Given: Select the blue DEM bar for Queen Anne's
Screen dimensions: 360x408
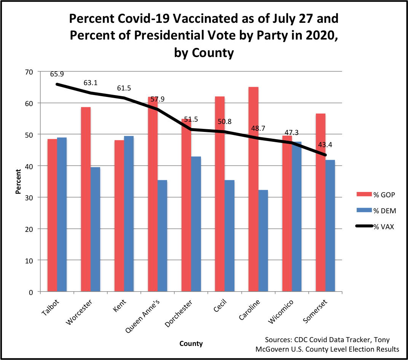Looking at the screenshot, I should tap(163, 236).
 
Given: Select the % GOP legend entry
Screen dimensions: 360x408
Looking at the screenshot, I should tap(383, 195).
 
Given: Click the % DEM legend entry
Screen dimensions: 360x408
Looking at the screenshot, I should tap(383, 211).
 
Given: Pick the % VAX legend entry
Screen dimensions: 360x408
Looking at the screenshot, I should tap(383, 227).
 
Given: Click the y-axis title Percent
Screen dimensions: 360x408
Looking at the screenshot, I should tap(18, 181).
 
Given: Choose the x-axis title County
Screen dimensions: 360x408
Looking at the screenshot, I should tap(191, 344).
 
